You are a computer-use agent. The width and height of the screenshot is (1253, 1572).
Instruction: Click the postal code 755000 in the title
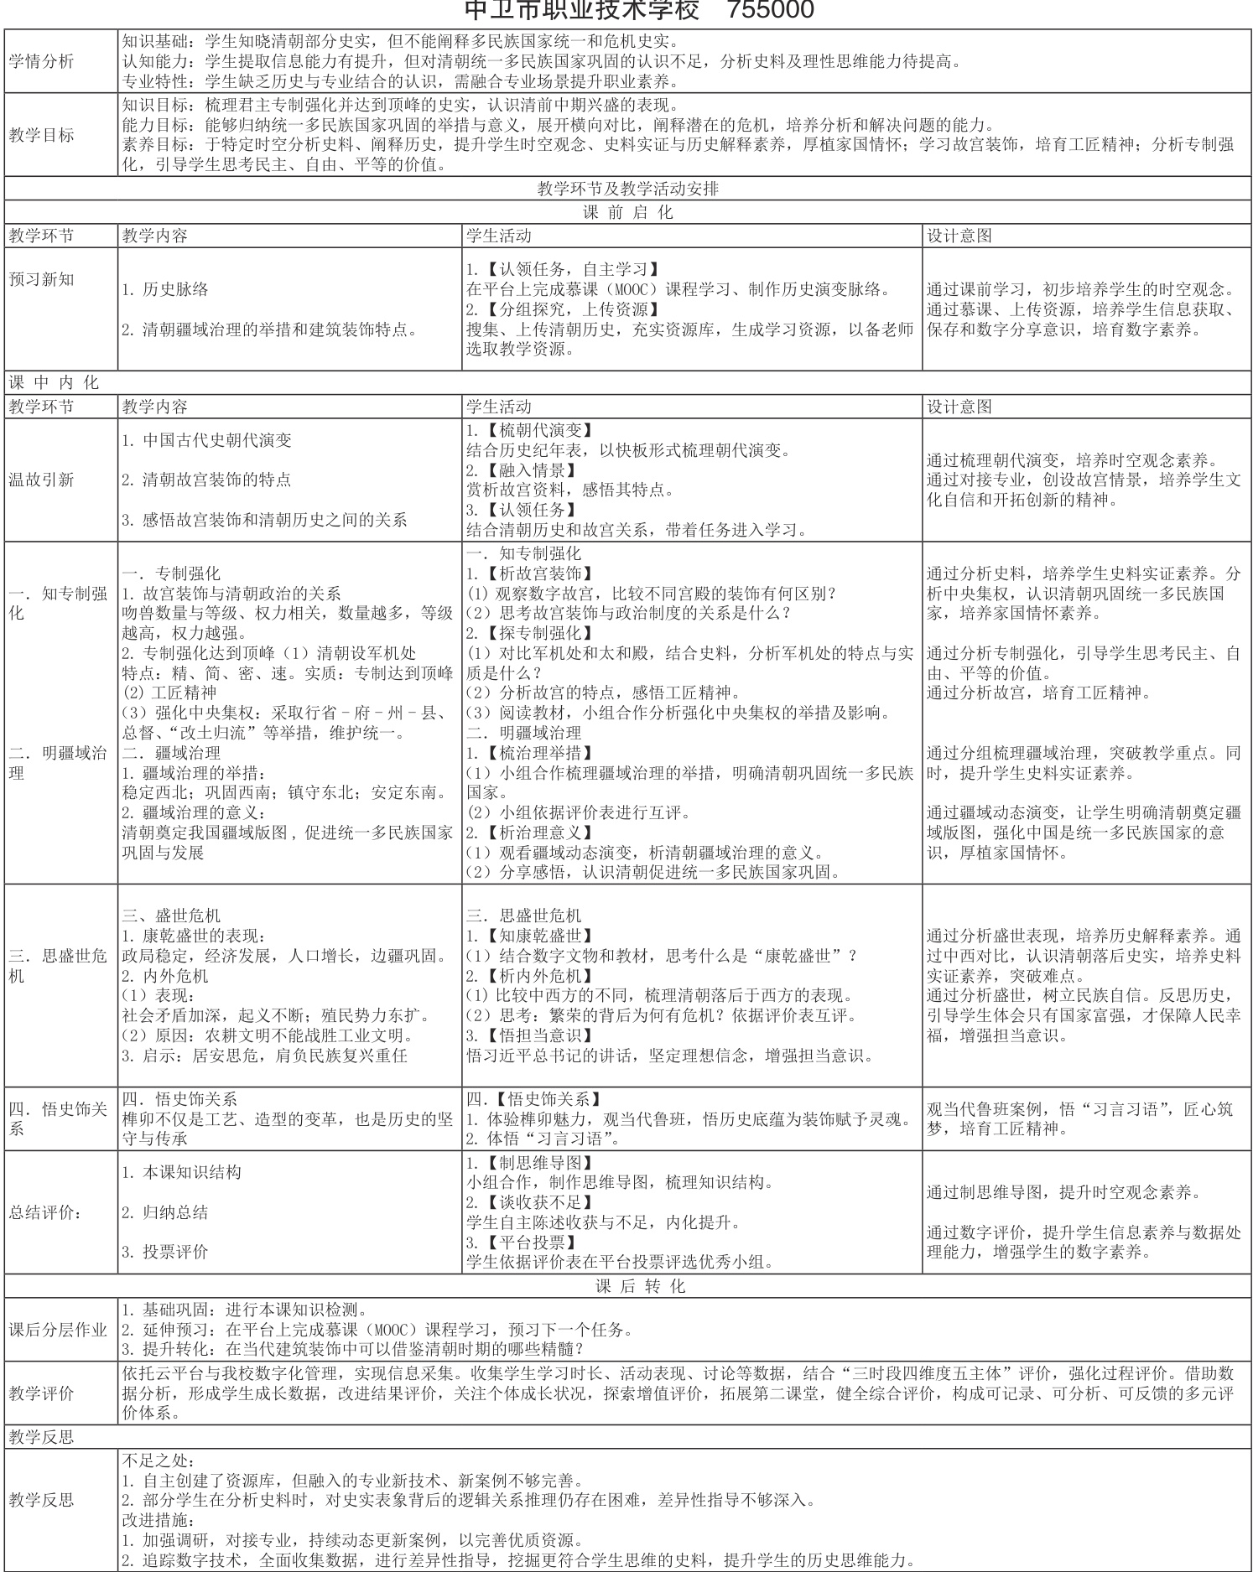coord(771,11)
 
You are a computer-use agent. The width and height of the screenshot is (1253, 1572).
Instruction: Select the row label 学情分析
coord(41,61)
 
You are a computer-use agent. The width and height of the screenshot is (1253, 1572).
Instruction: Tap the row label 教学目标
coord(41,135)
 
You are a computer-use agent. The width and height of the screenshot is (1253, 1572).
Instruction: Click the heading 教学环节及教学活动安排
coord(627,189)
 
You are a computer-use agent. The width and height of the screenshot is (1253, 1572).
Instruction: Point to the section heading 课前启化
coord(627,212)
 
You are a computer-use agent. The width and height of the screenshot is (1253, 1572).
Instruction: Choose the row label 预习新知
coord(41,280)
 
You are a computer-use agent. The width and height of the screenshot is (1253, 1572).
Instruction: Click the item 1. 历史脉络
coord(165,290)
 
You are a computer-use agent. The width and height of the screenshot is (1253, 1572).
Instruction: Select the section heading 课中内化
coord(54,382)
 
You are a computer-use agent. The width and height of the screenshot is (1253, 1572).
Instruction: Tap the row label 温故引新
coord(41,480)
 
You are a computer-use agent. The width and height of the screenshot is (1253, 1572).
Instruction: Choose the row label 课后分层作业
coord(58,1330)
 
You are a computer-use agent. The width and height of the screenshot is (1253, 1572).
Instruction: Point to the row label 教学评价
coord(41,1393)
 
